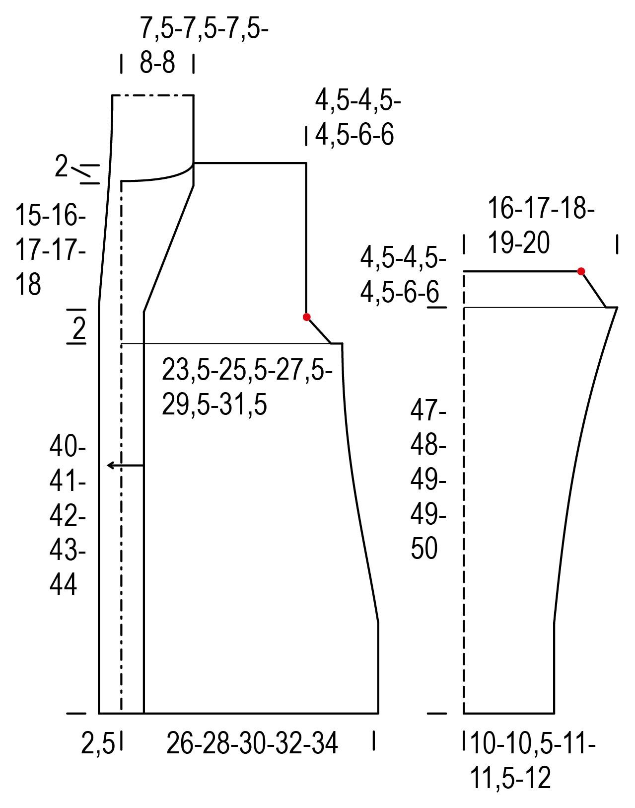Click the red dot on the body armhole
pyautogui.click(x=306, y=317)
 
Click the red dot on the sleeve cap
pyautogui.click(x=581, y=271)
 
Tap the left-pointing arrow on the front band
pyautogui.click(x=125, y=466)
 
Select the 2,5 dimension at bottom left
pyautogui.click(x=97, y=744)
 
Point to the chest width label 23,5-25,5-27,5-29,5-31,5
pyautogui.click(x=247, y=387)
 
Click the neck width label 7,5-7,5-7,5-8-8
pyautogui.click(x=204, y=45)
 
